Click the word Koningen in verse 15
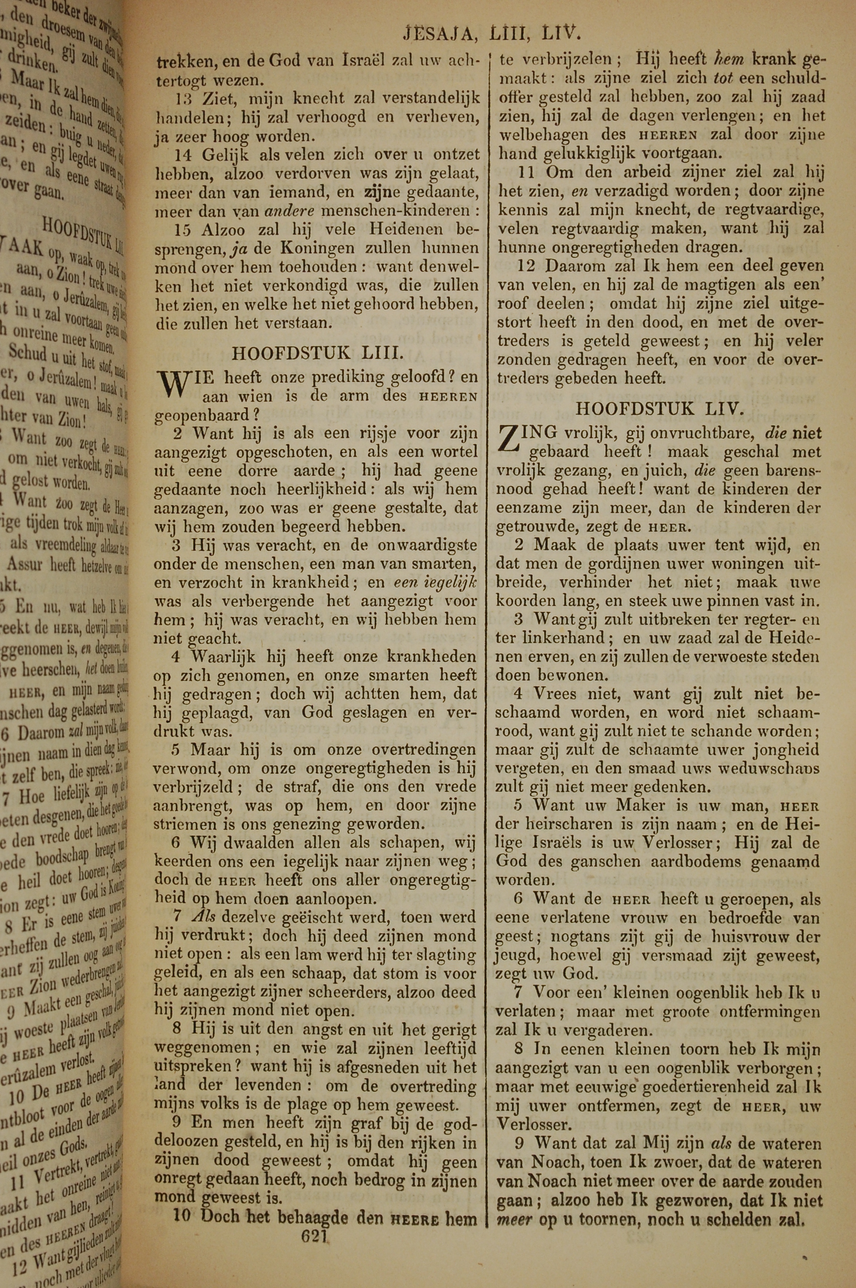click(x=316, y=248)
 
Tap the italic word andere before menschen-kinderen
click(x=290, y=211)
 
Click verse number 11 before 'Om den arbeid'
click(x=527, y=173)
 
